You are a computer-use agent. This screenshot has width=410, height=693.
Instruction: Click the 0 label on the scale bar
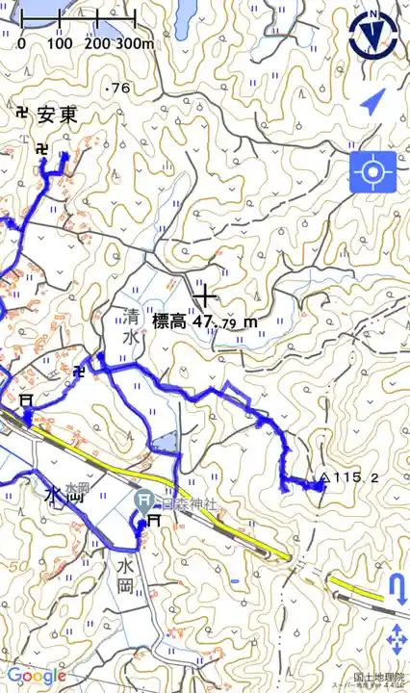point(21,44)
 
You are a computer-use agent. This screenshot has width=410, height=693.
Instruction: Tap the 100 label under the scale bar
point(60,44)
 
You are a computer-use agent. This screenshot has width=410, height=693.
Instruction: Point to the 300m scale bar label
point(135,44)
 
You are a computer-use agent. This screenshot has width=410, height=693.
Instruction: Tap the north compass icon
point(373,35)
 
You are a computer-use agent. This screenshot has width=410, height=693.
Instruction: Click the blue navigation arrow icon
point(373,102)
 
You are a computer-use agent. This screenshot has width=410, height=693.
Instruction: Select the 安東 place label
point(58,115)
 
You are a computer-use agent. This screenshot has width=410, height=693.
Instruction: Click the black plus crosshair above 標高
point(203,295)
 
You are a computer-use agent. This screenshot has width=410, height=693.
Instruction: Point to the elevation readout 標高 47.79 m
point(205,321)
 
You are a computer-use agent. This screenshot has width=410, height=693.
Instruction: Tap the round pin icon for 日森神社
point(143,499)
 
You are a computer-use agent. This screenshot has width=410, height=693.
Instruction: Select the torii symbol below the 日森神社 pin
point(152,521)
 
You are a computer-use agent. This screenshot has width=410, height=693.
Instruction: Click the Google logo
point(35,677)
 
